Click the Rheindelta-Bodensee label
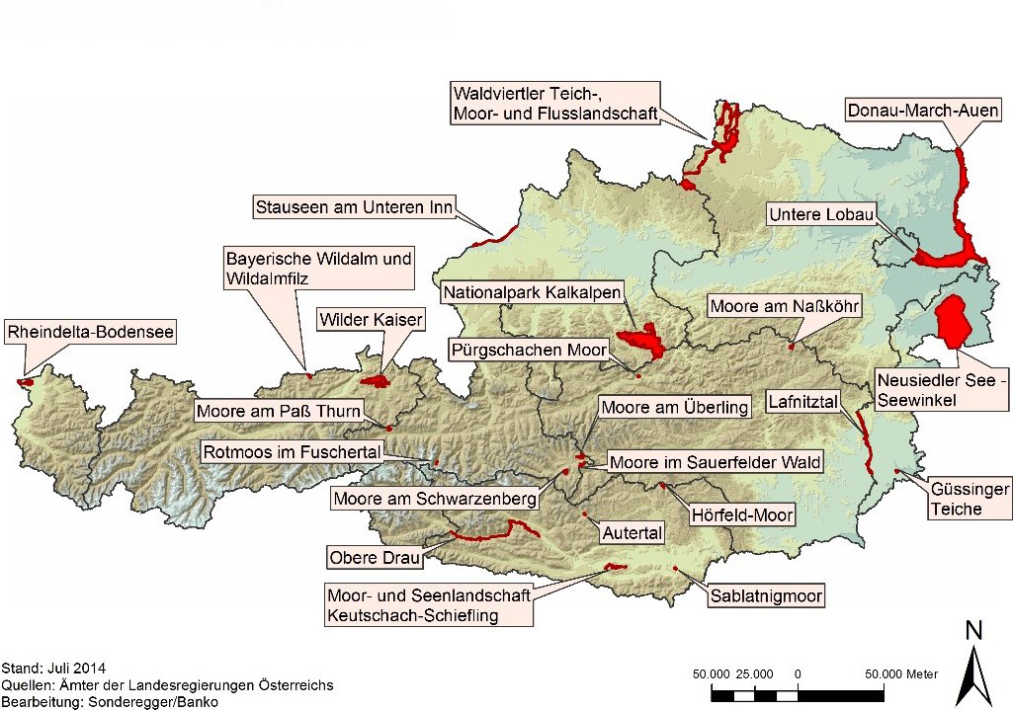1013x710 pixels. coord(91,333)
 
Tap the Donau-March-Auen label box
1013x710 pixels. coord(923,109)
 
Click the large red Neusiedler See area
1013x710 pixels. coord(954,321)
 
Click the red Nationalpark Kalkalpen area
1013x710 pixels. coord(642,340)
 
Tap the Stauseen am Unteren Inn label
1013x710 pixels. coord(353,206)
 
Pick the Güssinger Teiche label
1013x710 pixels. coord(956,499)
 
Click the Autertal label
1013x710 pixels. coord(630,532)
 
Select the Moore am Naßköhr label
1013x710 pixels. coord(785,306)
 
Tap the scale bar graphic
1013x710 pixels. coord(796,695)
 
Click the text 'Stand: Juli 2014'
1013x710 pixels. coord(54,668)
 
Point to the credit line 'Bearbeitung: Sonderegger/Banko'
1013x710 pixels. coord(110,701)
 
